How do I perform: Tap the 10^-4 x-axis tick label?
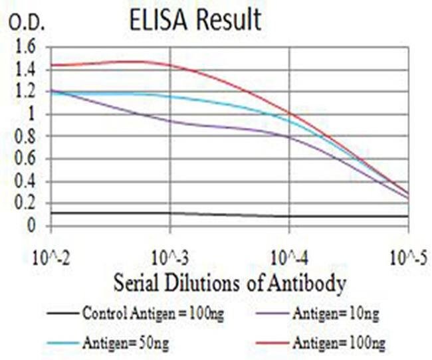290,255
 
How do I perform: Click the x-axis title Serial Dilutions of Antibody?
229,284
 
